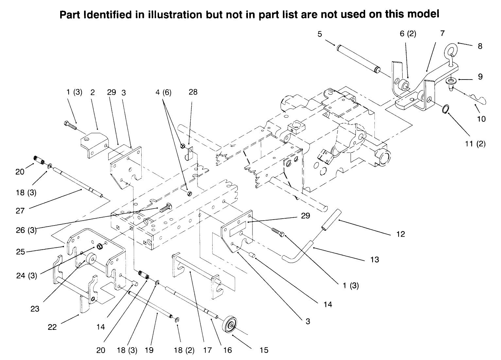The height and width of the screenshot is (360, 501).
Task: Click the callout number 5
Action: tap(320, 34)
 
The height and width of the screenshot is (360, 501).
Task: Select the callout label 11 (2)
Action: tap(475, 144)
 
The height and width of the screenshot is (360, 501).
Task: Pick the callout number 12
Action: tap(400, 234)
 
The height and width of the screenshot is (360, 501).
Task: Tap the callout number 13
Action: tap(375, 260)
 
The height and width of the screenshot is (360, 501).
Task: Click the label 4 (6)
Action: tap(164, 92)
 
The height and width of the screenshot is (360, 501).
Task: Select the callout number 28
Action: tap(193, 92)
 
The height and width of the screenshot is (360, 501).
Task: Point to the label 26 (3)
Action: tap(26, 230)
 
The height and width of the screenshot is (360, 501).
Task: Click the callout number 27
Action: tap(20, 211)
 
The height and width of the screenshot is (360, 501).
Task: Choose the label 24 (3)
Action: tap(26, 276)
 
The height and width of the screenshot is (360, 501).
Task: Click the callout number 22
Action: tap(52, 327)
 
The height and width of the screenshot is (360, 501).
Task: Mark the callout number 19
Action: tap(149, 350)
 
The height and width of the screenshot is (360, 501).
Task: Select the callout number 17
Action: tap(208, 350)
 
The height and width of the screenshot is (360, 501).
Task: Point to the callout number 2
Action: tap(93, 92)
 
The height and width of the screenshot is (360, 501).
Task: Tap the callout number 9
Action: tap(480, 77)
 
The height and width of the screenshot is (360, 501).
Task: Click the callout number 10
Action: tap(481, 119)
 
